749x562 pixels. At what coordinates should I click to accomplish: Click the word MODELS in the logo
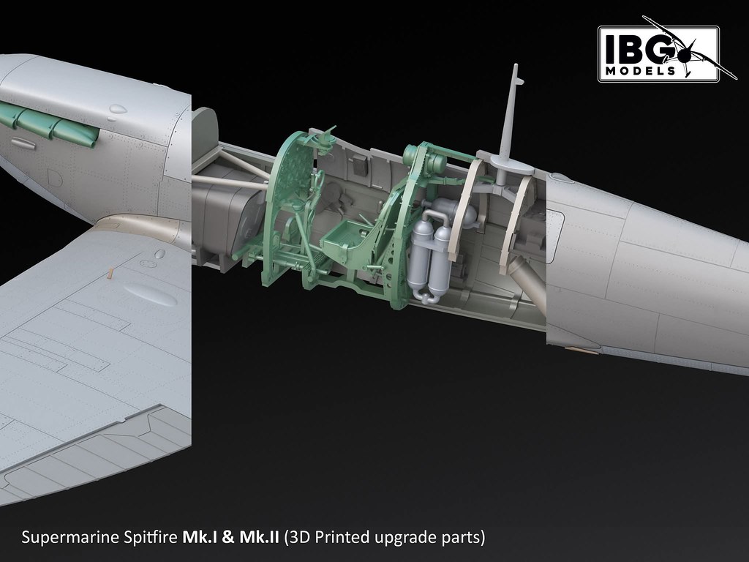click(x=640, y=71)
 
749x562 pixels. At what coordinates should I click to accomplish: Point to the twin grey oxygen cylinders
click(x=432, y=253)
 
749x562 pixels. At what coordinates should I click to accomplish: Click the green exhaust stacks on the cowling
click(x=48, y=124)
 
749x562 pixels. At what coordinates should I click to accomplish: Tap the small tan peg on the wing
click(x=110, y=274)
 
